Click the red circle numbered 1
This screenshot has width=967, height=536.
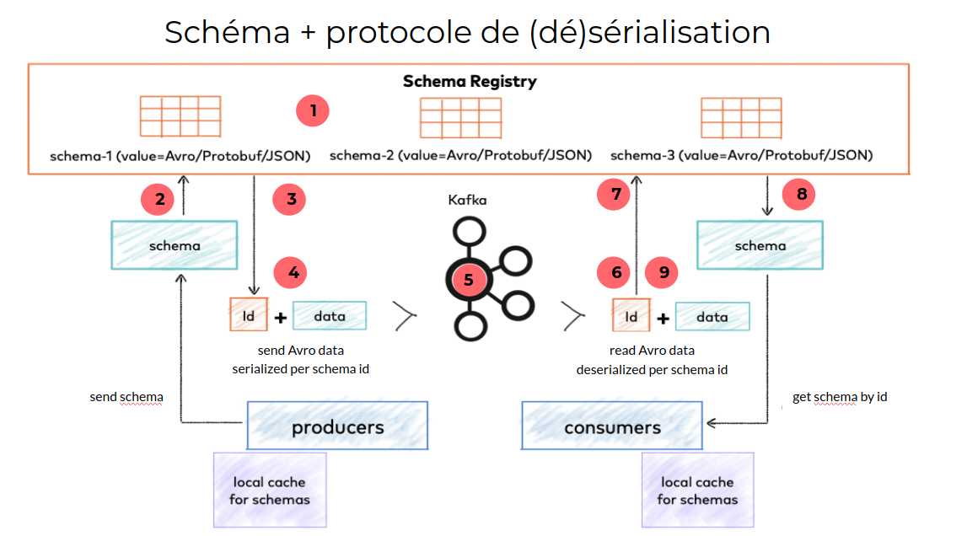[x=312, y=110]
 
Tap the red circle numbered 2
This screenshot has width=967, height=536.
[x=158, y=200]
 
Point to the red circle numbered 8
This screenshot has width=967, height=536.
[x=800, y=196]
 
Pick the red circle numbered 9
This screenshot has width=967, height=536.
[x=663, y=272]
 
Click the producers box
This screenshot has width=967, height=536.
[x=337, y=426]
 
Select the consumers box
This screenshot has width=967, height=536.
[x=611, y=426]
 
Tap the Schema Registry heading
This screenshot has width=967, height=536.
[x=470, y=82]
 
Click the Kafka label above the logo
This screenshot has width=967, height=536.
[x=468, y=201]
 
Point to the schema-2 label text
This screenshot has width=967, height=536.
[x=460, y=156]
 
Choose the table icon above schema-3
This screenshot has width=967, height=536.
[x=742, y=117]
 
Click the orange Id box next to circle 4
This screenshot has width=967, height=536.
[x=248, y=315]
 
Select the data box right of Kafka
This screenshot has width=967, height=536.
[x=712, y=318]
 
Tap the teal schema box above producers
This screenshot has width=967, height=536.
[x=175, y=246]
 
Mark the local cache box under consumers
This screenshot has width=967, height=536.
[x=697, y=490]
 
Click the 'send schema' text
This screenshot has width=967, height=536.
[x=126, y=396]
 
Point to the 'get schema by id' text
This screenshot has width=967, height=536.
[x=839, y=396]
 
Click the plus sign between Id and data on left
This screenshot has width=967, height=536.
[x=280, y=318]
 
